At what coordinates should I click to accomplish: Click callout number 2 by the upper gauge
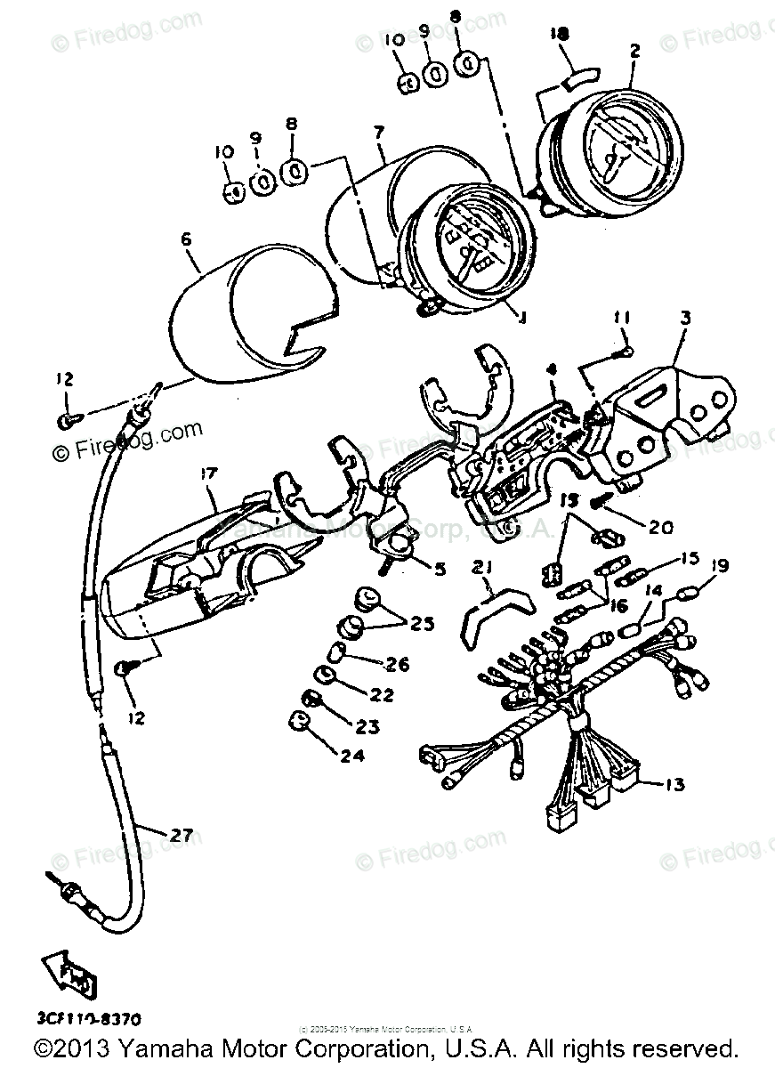click(634, 52)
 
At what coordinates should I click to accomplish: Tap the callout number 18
click(559, 33)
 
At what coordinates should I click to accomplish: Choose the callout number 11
click(620, 317)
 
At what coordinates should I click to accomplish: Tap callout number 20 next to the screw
click(659, 527)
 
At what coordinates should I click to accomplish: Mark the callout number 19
click(720, 564)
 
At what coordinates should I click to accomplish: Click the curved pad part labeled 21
click(480, 614)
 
